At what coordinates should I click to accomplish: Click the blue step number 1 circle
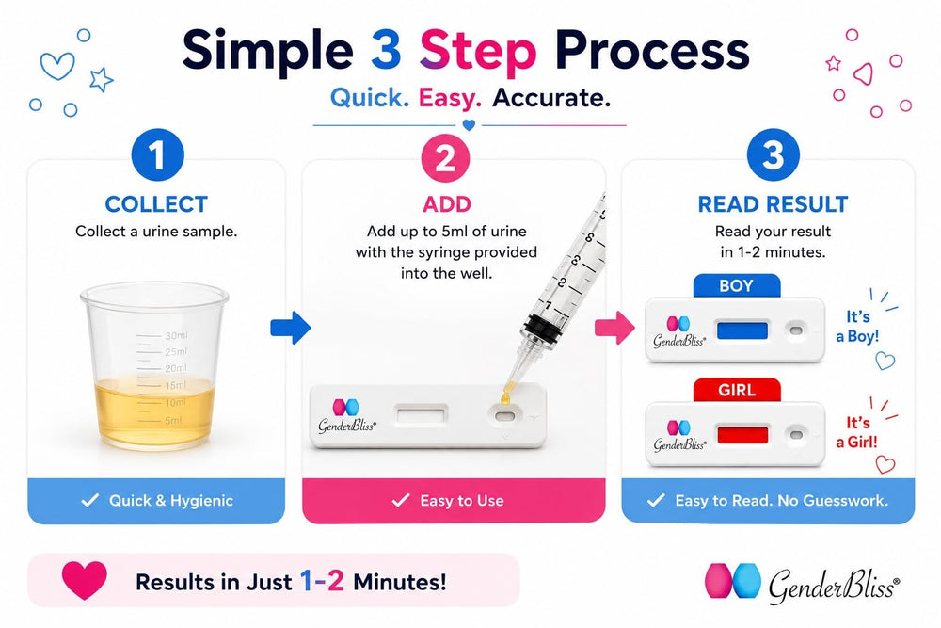(x=157, y=155)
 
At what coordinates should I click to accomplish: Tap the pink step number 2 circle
(x=445, y=158)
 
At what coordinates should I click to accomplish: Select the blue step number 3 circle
(x=773, y=155)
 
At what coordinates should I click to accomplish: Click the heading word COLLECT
(x=156, y=204)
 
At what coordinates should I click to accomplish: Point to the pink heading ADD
(x=446, y=204)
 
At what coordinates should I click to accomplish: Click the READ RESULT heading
(x=773, y=204)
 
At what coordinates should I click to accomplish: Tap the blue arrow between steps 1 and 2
(x=291, y=328)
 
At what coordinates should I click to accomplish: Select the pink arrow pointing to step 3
(x=614, y=328)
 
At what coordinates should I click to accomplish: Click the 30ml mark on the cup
(x=176, y=335)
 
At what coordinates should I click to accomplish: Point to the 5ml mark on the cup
(x=173, y=420)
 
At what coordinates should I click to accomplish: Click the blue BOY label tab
(x=737, y=286)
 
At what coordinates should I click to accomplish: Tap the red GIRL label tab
(x=737, y=390)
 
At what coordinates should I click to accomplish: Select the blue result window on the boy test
(x=742, y=330)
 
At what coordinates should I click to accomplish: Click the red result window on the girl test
(x=742, y=435)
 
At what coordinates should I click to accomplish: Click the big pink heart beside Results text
(x=85, y=580)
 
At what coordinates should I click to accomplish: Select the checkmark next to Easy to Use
(x=400, y=500)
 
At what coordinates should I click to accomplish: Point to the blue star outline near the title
(x=102, y=79)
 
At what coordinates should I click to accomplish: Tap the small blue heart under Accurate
(x=470, y=125)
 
